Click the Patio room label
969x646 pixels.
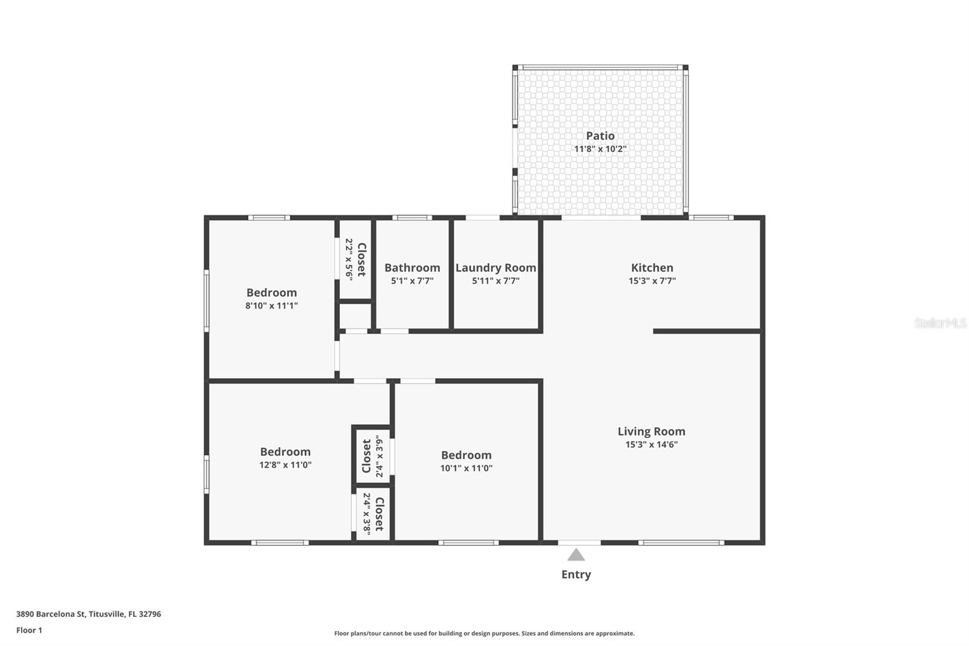click(600, 136)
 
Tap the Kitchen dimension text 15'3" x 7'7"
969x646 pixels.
click(652, 281)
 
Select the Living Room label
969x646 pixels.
click(651, 431)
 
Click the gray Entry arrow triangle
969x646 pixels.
click(576, 555)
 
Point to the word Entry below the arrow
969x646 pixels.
click(576, 574)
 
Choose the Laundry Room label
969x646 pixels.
click(495, 268)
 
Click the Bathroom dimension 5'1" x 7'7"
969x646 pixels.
click(412, 281)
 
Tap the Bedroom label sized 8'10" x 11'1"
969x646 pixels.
click(271, 293)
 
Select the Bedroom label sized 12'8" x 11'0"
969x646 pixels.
click(285, 452)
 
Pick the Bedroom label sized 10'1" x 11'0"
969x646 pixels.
click(466, 455)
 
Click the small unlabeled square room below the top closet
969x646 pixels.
click(355, 316)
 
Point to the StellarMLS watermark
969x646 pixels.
click(940, 323)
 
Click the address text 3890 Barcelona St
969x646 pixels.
click(88, 614)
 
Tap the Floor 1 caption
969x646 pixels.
click(29, 630)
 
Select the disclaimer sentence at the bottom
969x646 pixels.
click(484, 633)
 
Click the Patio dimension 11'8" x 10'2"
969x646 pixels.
click(600, 149)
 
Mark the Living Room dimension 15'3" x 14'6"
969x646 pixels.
click(651, 445)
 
